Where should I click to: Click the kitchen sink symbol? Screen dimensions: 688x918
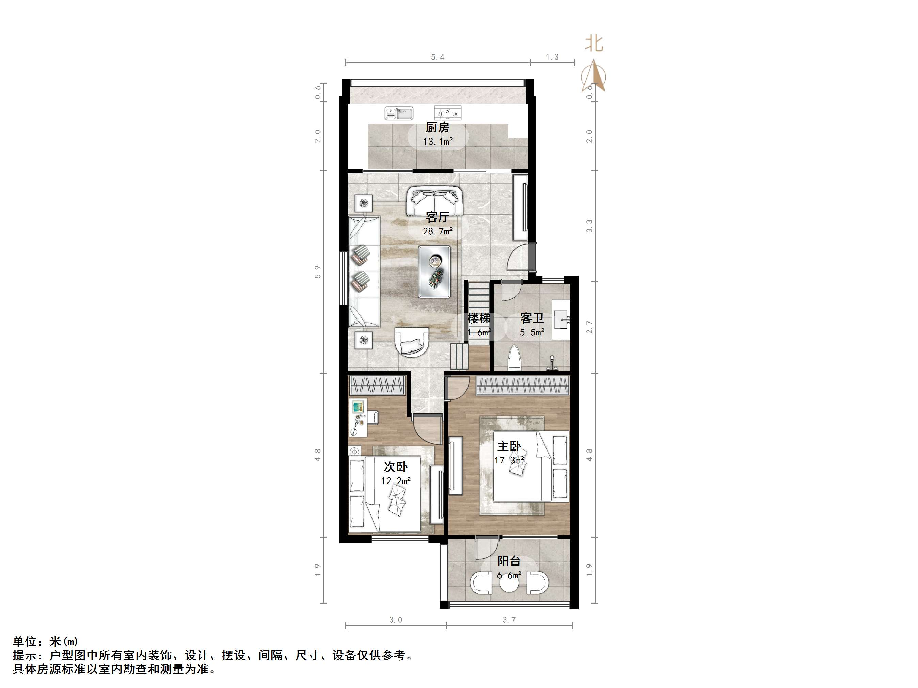pyautogui.click(x=399, y=113)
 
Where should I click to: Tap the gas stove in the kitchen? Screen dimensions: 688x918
pyautogui.click(x=448, y=113)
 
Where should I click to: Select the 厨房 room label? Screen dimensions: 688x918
pyautogui.click(x=438, y=128)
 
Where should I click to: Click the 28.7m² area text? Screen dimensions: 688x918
pyautogui.click(x=438, y=231)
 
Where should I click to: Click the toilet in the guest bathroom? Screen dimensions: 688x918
pyautogui.click(x=515, y=357)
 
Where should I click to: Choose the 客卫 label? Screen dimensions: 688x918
pyautogui.click(x=532, y=318)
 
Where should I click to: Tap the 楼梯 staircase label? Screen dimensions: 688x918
pyautogui.click(x=479, y=318)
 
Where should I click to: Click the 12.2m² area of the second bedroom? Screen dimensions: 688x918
pyautogui.click(x=396, y=481)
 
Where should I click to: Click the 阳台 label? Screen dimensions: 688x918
pyautogui.click(x=509, y=561)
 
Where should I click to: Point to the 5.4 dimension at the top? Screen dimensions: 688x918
pyautogui.click(x=438, y=57)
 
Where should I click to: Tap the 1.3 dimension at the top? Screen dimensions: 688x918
pyautogui.click(x=552, y=57)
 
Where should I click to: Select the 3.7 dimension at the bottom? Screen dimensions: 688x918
pyautogui.click(x=509, y=620)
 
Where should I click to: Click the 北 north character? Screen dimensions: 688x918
pyautogui.click(x=594, y=44)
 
